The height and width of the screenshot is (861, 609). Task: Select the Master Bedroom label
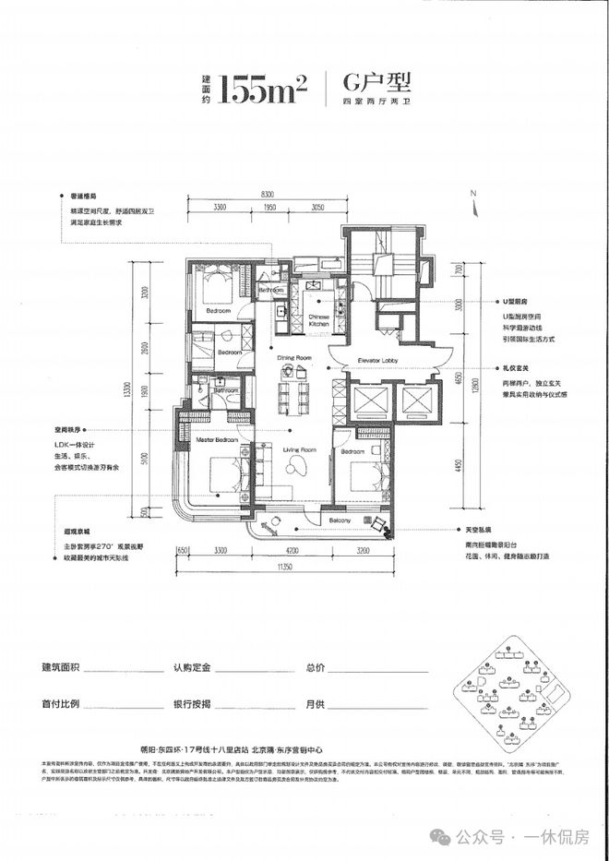(217, 441)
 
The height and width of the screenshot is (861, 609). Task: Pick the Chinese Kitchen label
(318, 320)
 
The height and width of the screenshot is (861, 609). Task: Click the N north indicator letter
(471, 192)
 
